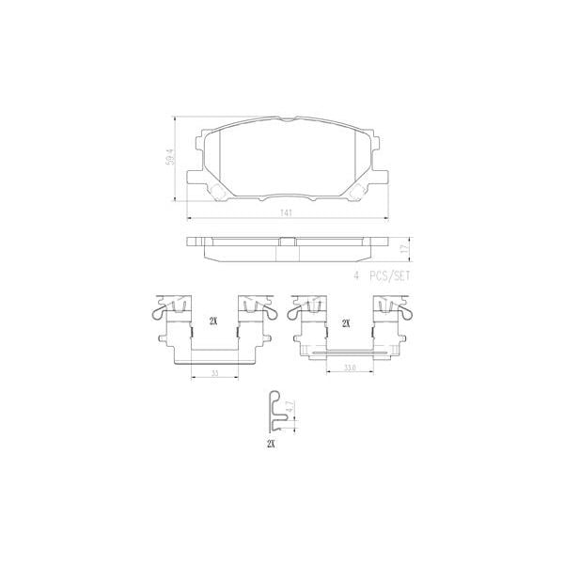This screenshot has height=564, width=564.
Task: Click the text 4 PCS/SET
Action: pos(383,276)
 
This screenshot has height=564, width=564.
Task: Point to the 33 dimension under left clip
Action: pos(215,373)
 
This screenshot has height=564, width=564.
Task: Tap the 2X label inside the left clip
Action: pos(213,322)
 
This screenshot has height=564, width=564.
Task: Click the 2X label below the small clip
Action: pos(271,443)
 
